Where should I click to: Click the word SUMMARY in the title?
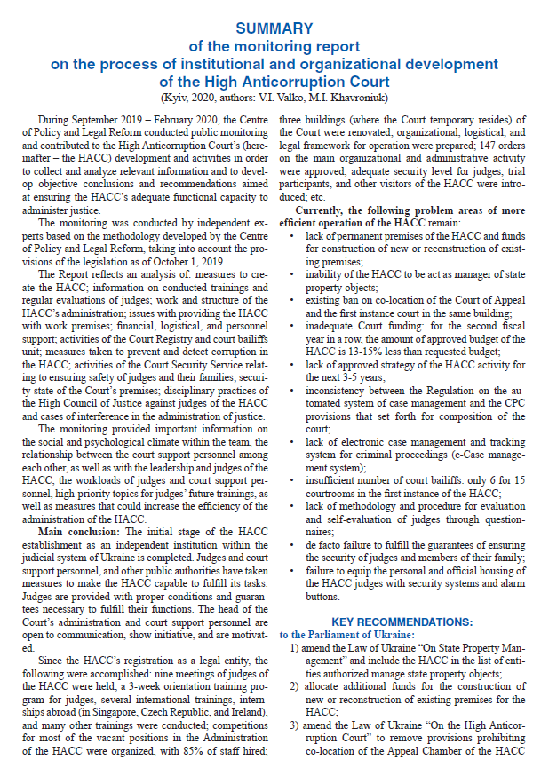274,28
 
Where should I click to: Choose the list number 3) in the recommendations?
295,725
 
